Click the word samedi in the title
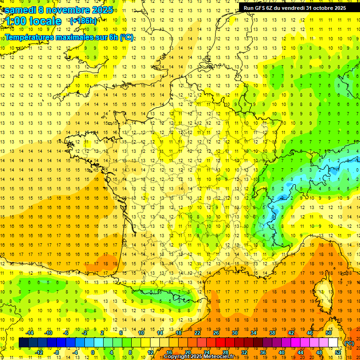[x=20, y=10]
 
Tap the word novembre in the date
[x=66, y=10]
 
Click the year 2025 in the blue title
[x=100, y=10]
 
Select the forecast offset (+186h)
[x=83, y=21]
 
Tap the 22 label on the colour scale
[x=197, y=333]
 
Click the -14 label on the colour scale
[x=30, y=333]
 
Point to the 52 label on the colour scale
[x=338, y=352]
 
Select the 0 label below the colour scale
[x=92, y=352]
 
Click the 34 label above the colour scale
[x=254, y=333]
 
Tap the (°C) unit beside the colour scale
[x=349, y=343]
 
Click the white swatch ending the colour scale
[x=333, y=343]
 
